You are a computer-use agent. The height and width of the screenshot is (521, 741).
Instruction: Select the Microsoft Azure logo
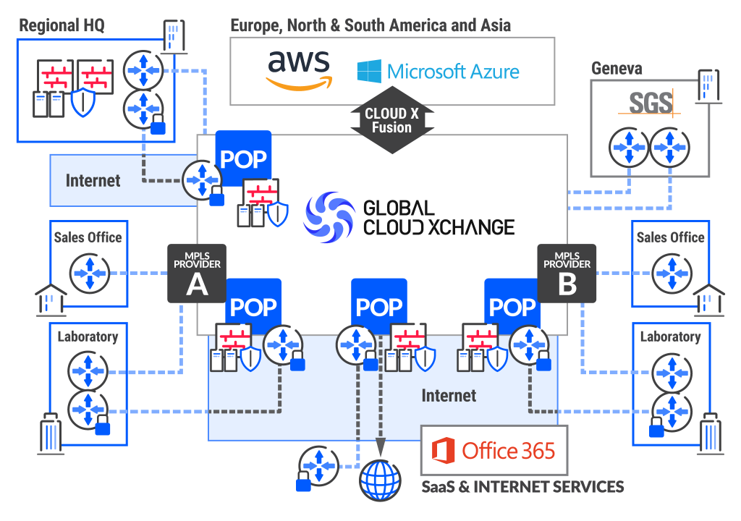point(438,72)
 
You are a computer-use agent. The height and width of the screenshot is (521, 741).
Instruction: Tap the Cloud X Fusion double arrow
point(391,121)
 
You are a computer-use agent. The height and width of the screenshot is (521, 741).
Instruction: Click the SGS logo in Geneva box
point(650,103)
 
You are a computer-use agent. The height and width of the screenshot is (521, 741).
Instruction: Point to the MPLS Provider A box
point(197,272)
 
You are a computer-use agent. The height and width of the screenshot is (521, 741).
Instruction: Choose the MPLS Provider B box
point(567,272)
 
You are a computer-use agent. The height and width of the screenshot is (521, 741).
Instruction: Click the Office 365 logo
point(494,451)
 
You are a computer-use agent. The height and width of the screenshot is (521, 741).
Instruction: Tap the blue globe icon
point(381,479)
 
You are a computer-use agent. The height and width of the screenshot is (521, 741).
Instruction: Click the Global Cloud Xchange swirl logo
point(326,216)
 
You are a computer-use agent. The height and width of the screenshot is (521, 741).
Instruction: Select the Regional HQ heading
point(62,26)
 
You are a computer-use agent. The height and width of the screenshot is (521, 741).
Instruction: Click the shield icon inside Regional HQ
point(82,103)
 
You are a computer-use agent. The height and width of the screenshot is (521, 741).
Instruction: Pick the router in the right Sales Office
point(671,274)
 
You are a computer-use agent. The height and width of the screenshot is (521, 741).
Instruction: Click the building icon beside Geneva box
point(707,85)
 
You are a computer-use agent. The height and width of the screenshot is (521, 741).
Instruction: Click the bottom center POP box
point(379,307)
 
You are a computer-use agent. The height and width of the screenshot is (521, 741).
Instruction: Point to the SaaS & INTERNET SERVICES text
point(522,486)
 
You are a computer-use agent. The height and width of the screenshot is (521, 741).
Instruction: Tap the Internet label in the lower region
point(449,396)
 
